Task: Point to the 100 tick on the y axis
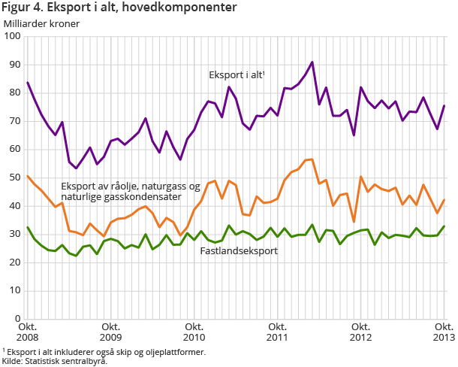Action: click(13, 36)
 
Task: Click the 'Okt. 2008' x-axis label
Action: click(28, 332)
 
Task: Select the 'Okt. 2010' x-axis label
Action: click(194, 332)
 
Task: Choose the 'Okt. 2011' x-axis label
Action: click(278, 332)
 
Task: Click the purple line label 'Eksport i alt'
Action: click(237, 75)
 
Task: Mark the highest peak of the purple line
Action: click(312, 62)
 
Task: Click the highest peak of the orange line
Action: click(312, 159)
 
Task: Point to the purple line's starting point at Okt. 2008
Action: click(28, 83)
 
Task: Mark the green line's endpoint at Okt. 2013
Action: click(444, 226)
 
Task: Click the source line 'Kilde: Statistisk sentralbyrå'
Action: click(54, 361)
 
